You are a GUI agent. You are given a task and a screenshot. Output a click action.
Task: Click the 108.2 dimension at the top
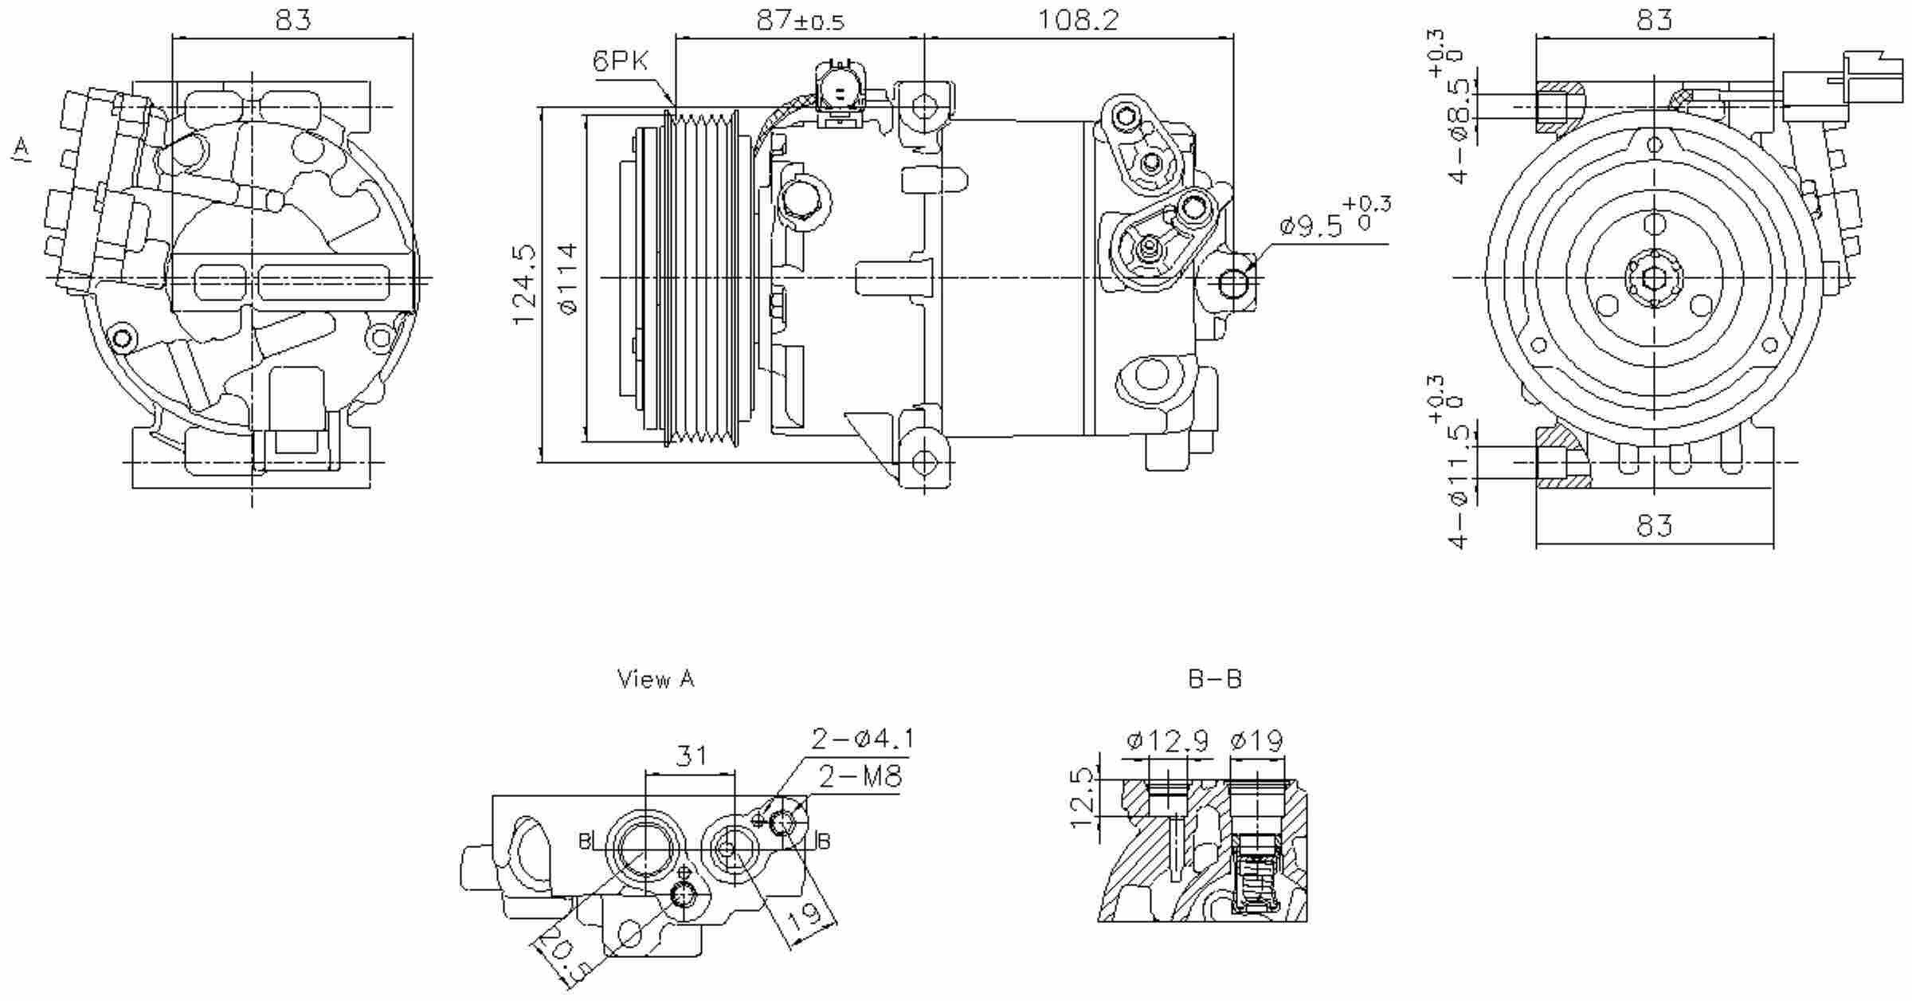(x=1078, y=20)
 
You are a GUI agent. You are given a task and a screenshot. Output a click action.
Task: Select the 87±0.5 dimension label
(x=799, y=21)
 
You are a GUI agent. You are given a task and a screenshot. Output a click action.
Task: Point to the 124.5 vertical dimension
(x=524, y=285)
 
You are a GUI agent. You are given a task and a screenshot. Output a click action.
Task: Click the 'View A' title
(x=656, y=679)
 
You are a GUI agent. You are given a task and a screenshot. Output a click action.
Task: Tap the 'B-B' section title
(x=1214, y=679)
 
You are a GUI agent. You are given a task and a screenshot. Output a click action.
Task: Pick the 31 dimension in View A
(x=690, y=756)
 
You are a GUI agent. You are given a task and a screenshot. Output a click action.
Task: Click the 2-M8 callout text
(x=860, y=776)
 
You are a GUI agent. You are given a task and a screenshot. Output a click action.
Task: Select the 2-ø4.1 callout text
(x=862, y=740)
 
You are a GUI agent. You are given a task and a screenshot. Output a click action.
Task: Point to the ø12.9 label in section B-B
(x=1167, y=741)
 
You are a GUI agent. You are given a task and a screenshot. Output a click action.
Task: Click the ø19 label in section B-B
(x=1256, y=741)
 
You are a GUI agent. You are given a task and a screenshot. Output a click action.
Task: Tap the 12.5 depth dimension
(x=1081, y=798)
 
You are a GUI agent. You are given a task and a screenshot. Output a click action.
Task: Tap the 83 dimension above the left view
(x=293, y=20)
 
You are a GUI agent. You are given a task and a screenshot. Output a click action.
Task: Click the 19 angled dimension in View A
(x=805, y=917)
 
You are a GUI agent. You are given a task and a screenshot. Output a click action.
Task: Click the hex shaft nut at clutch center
(x=1654, y=278)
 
